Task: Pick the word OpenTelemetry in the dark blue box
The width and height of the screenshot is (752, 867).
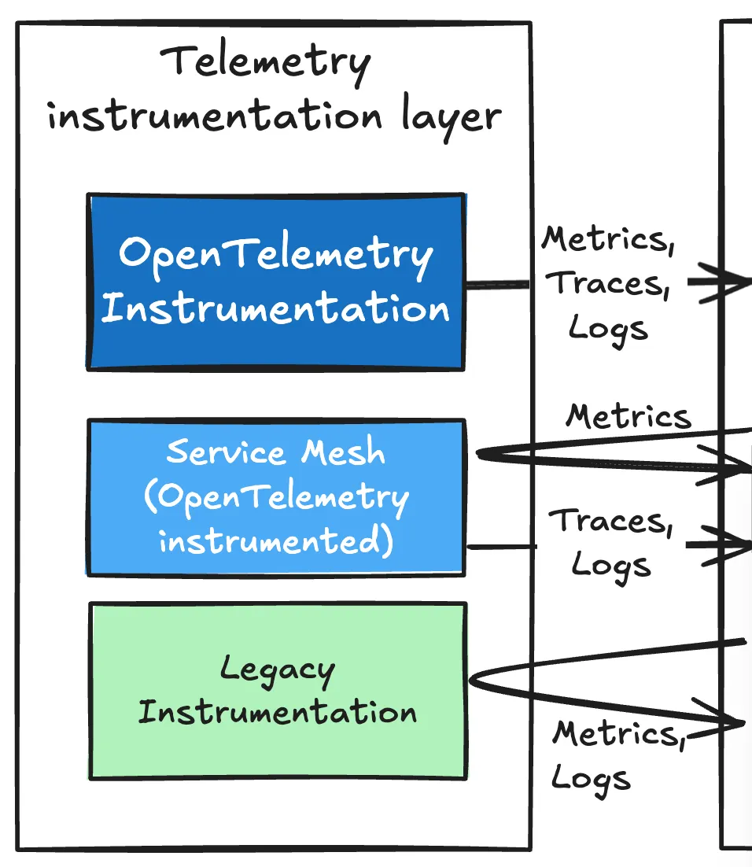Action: [275, 256]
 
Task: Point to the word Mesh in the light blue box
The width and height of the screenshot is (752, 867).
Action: [345, 452]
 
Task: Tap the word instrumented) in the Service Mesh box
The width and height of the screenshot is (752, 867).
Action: [275, 542]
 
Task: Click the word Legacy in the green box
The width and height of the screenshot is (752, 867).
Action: [277, 671]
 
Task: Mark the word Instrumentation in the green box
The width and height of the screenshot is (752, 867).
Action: [277, 713]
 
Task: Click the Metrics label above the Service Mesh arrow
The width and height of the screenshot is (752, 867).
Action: [628, 416]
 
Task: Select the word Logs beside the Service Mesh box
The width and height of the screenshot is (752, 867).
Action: [611, 564]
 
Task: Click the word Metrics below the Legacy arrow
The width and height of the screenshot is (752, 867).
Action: [614, 734]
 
